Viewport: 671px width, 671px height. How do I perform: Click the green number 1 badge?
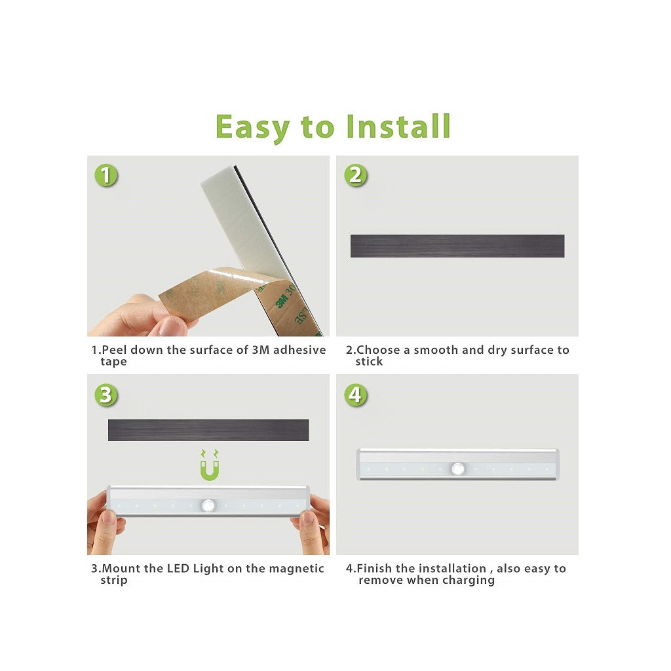(105, 176)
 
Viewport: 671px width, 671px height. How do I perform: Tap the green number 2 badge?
(356, 176)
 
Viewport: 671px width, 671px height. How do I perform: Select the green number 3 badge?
(105, 395)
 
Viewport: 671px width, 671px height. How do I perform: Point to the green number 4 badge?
(356, 395)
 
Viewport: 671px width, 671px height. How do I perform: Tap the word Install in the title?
(398, 126)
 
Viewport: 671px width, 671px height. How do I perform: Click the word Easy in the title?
(252, 128)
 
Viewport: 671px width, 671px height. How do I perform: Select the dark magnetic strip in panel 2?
(457, 246)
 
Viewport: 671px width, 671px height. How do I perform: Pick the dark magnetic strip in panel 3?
(208, 430)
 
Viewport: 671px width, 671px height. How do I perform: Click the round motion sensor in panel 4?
(458, 469)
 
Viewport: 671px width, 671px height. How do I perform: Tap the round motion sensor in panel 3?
(208, 506)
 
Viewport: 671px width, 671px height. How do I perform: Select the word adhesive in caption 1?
(299, 350)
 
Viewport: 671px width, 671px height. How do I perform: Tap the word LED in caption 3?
(178, 569)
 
